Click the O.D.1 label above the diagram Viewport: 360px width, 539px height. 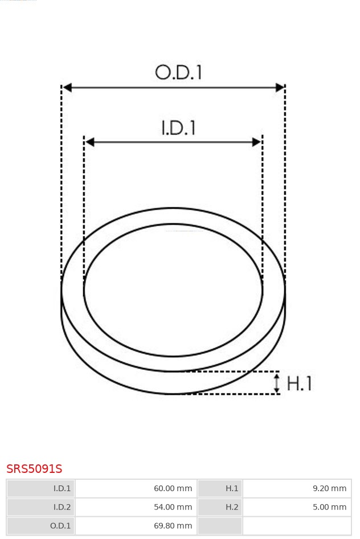[178, 72]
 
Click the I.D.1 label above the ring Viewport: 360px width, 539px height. [178, 128]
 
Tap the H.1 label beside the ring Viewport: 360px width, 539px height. [299, 383]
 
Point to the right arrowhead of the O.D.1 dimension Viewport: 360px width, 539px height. [280, 88]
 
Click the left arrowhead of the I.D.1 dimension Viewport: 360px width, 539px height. [89, 142]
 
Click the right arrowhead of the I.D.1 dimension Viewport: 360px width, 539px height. [256, 142]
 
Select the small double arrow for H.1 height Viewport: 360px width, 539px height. [277, 382]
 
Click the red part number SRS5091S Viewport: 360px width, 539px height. [34, 469]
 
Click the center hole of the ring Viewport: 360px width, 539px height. [173, 291]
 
